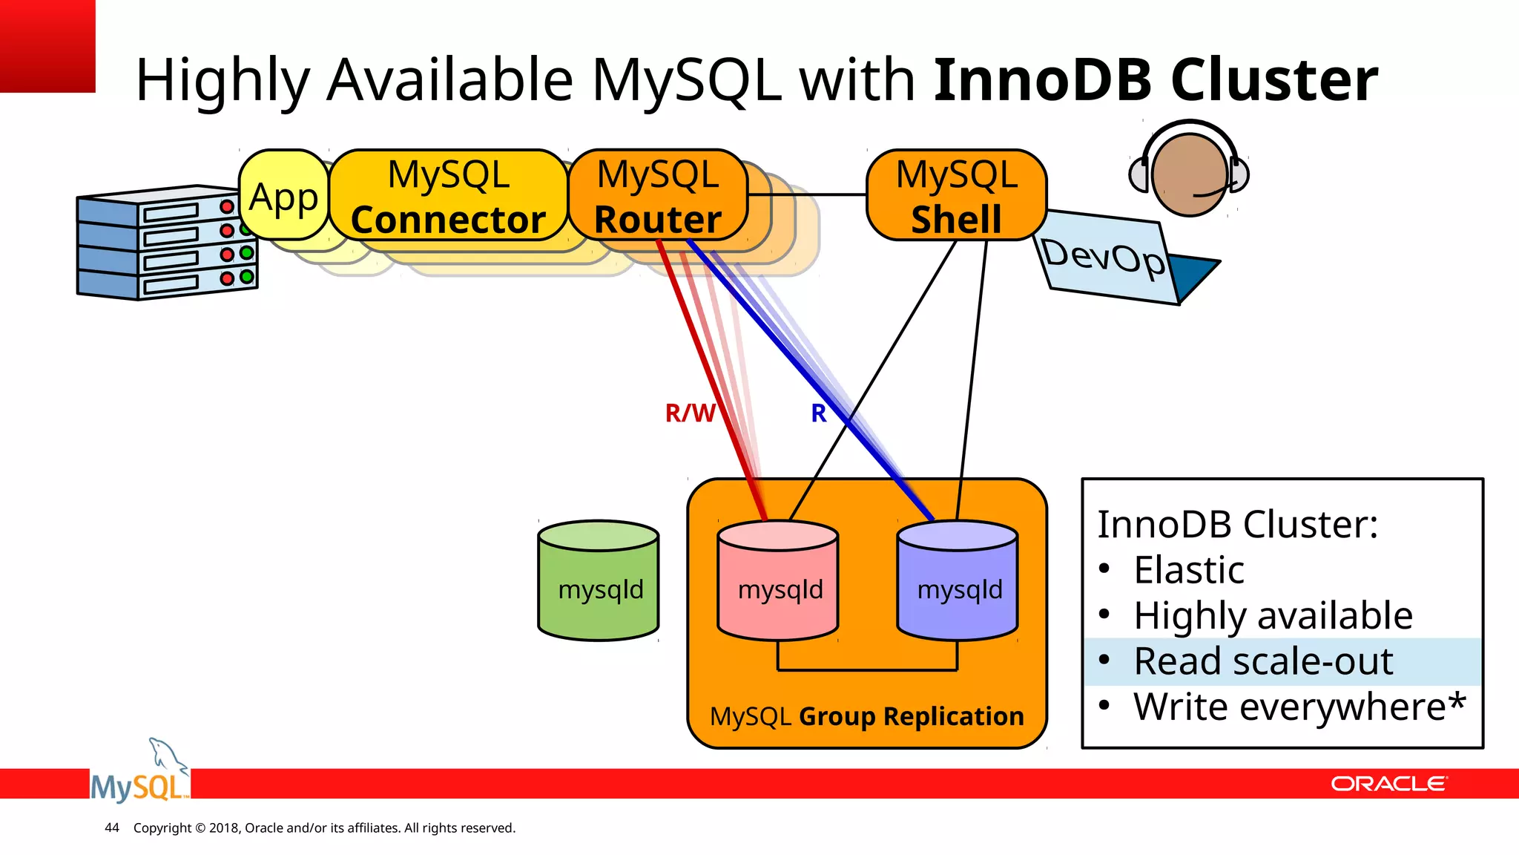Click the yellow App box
284,196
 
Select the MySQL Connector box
448,196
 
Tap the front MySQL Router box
658,196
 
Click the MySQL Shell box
956,196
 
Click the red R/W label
690,413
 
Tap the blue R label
818,413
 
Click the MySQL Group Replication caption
866,716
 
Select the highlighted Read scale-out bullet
1263,661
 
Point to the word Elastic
1189,570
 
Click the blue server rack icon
167,243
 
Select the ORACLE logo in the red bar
1388,784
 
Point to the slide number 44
112,828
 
